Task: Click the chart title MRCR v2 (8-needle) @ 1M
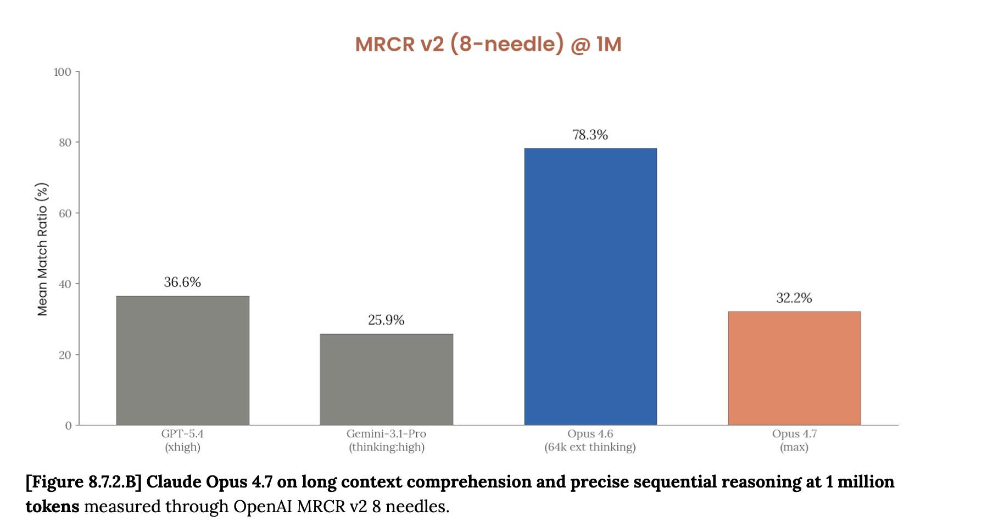point(488,44)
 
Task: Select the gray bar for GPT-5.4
point(182,361)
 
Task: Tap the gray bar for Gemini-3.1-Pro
point(386,379)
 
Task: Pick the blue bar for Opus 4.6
point(590,286)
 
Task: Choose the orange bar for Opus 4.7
point(794,368)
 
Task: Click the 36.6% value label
point(182,282)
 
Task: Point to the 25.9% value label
point(386,320)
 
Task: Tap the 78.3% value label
point(590,135)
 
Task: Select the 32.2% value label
point(794,298)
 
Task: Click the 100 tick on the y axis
point(63,72)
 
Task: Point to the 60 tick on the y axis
point(65,213)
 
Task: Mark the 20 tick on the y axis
point(65,355)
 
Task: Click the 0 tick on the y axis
point(69,425)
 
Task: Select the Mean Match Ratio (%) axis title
point(42,249)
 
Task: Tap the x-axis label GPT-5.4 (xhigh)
point(182,440)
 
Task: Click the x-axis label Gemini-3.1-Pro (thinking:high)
point(386,440)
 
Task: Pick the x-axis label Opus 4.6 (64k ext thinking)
point(590,440)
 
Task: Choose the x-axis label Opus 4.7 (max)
point(794,440)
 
